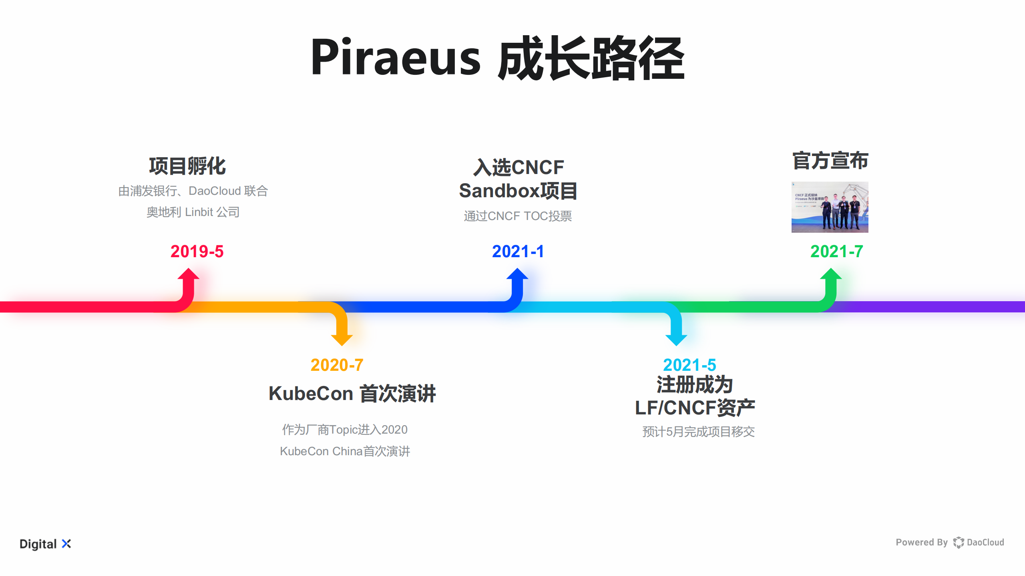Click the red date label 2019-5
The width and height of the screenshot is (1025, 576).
[197, 252]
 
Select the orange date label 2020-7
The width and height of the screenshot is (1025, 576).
[337, 365]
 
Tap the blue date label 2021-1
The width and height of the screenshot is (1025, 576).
[518, 252]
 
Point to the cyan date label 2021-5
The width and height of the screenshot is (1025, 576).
[689, 365]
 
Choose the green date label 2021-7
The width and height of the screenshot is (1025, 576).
[836, 252]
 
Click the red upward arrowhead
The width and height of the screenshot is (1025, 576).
[188, 275]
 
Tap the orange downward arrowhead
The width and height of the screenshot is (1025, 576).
[342, 339]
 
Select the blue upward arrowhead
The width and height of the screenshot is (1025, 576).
[517, 275]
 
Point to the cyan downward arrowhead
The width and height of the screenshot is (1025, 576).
[676, 339]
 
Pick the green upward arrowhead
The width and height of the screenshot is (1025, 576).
[831, 275]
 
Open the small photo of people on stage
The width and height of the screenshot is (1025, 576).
[830, 207]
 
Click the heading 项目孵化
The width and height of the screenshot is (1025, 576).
[187, 166]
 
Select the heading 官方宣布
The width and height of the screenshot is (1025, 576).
[830, 161]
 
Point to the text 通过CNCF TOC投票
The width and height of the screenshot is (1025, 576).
[518, 216]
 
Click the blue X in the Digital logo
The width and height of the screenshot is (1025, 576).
[66, 544]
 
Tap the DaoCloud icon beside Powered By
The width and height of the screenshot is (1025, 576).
[958, 542]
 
